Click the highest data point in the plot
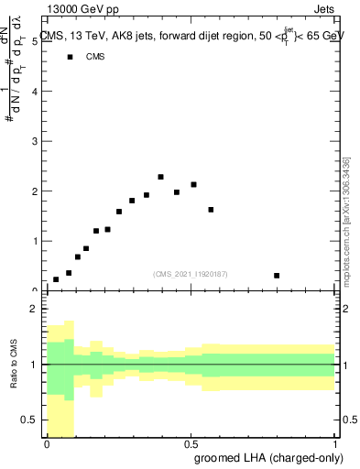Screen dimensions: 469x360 tap(160, 177)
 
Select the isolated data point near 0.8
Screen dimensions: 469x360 tap(277, 276)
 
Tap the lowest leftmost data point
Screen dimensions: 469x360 tap(56, 279)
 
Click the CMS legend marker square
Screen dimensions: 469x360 tap(69, 57)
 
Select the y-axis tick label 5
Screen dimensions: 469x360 tap(34, 42)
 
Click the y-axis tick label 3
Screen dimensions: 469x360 tap(34, 142)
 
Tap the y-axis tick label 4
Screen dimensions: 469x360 tap(34, 93)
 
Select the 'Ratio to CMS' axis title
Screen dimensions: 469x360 tap(14, 365)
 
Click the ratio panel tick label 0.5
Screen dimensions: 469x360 tap(30, 420)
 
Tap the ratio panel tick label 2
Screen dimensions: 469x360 tap(34, 310)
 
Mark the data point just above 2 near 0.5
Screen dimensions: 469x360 tap(193, 185)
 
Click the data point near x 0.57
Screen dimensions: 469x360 tap(211, 210)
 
